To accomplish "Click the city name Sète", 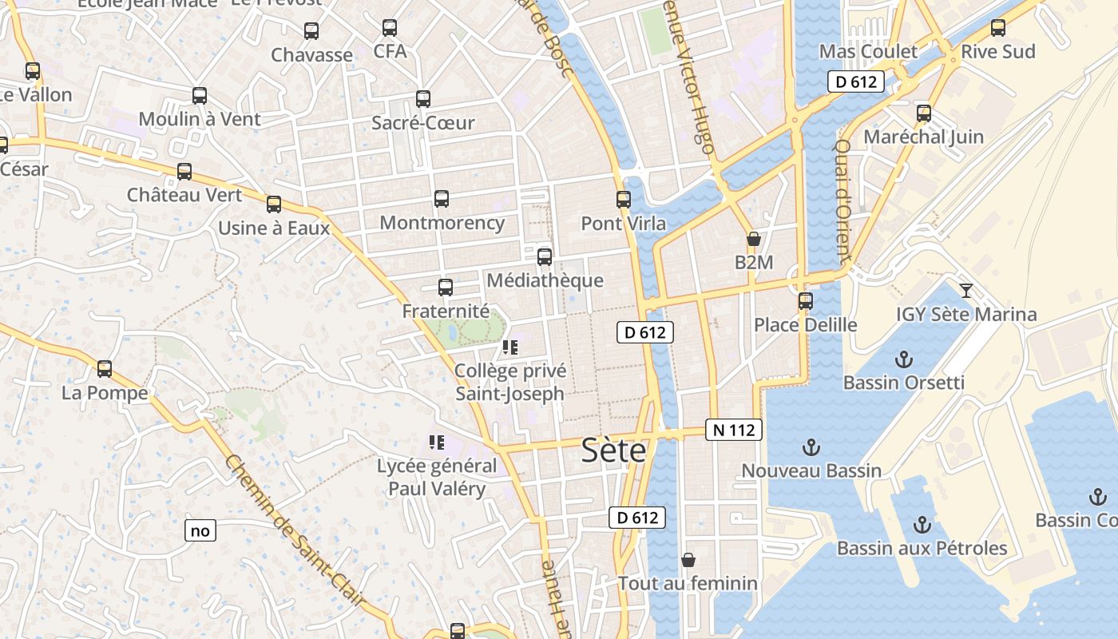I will (x=613, y=450).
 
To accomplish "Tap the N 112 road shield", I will (x=734, y=430).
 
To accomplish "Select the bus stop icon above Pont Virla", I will (x=624, y=200).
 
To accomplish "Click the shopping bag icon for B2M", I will (x=753, y=239).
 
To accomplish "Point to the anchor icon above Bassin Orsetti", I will (x=904, y=359).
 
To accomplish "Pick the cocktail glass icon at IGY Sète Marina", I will (x=966, y=290).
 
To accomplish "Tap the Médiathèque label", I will (x=545, y=280).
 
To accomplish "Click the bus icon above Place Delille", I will (x=806, y=301).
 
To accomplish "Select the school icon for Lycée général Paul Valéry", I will (x=437, y=442).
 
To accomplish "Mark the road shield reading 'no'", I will (x=200, y=530).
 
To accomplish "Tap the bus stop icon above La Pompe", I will (x=105, y=369).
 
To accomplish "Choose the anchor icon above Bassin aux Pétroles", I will (x=922, y=525).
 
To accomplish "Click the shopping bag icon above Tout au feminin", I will (x=688, y=560).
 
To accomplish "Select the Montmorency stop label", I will (x=442, y=223).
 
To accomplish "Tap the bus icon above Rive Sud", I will (x=997, y=28).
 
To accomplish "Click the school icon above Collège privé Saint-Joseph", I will (x=510, y=347).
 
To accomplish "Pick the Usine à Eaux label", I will (x=274, y=228).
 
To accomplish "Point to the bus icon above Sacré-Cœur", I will (x=423, y=99).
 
